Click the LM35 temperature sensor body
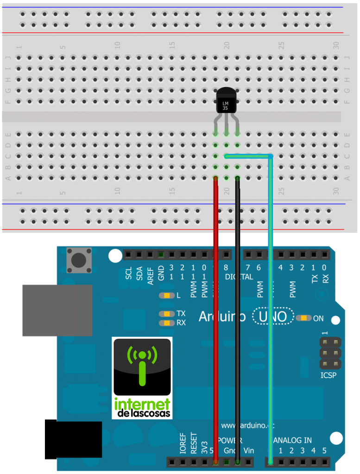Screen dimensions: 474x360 tap(226, 101)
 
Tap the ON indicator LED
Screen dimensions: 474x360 tap(304, 318)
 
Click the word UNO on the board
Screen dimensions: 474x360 tap(273, 317)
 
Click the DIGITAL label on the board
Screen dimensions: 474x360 tap(239, 277)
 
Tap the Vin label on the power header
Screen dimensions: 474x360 tap(248, 450)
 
